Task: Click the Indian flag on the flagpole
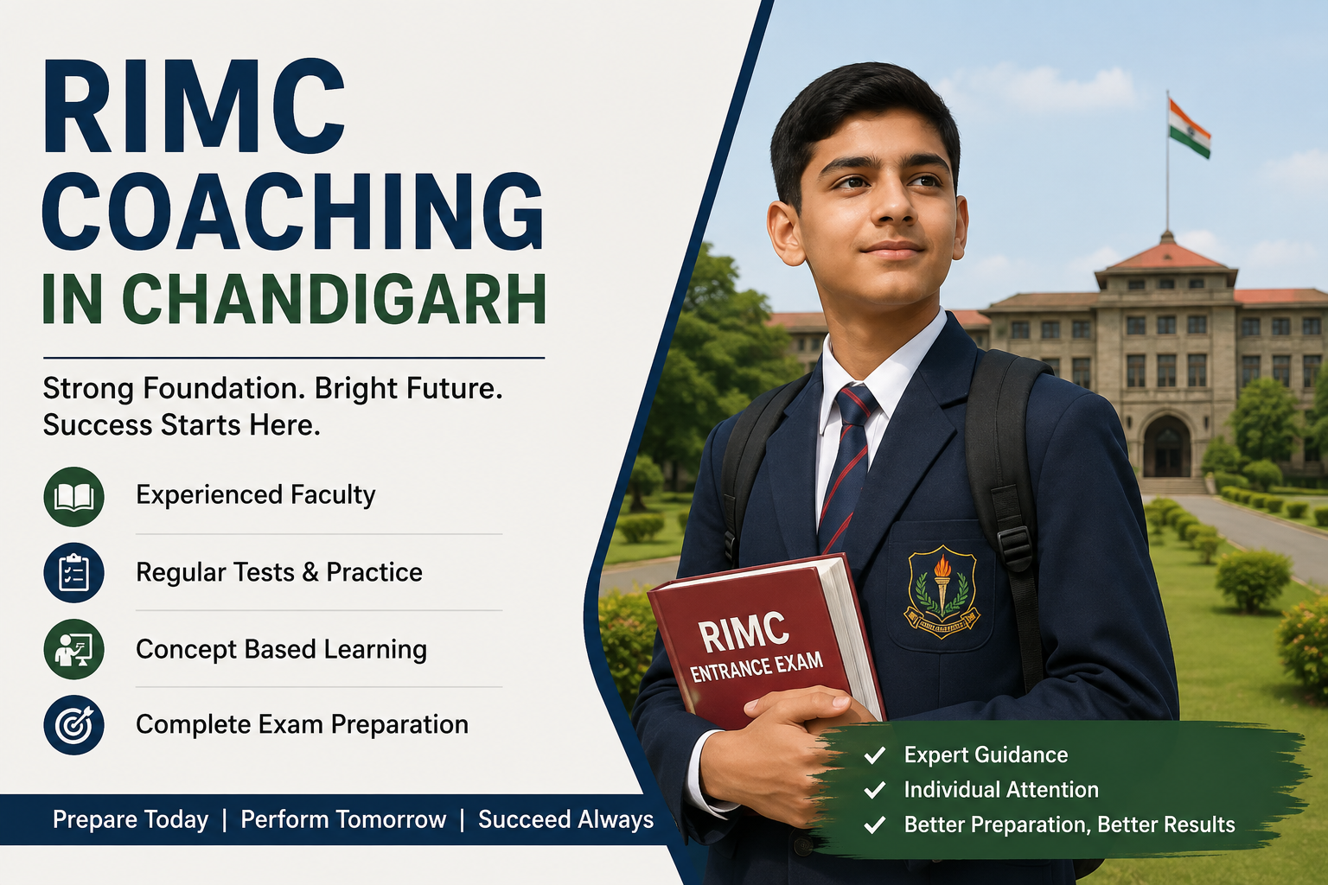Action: (1189, 129)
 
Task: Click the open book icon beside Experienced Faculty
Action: (73, 497)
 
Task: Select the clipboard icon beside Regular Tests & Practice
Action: (73, 573)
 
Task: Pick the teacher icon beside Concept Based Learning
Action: (73, 649)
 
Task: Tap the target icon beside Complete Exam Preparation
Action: (73, 725)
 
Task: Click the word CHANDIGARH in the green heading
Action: (337, 299)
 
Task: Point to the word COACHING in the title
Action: (293, 212)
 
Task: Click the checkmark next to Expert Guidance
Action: (875, 755)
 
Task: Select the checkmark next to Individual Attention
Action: (875, 790)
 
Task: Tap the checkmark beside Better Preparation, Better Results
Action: (875, 825)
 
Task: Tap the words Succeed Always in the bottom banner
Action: (565, 820)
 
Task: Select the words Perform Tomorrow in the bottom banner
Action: (343, 820)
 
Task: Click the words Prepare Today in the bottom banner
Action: (131, 820)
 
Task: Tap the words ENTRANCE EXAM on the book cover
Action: (757, 667)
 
